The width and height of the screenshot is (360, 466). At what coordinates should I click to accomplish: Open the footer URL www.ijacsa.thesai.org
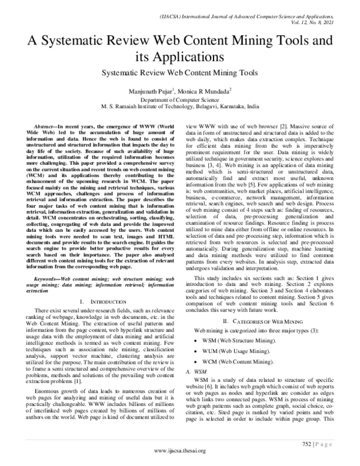[179, 452]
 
